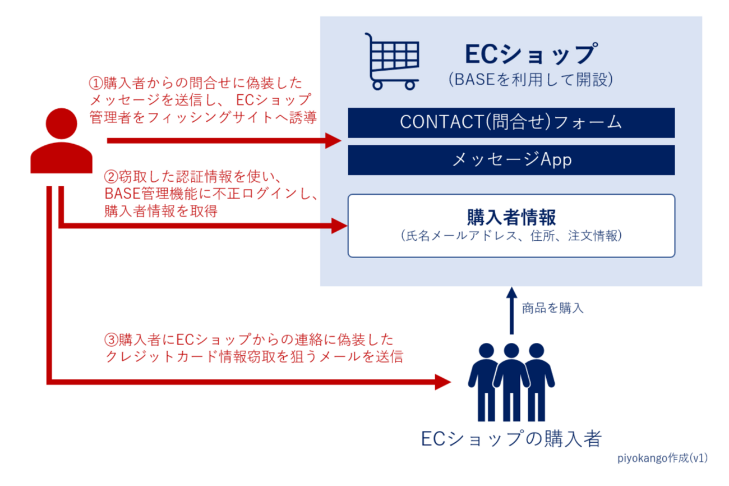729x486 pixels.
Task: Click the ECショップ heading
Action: pos(529,54)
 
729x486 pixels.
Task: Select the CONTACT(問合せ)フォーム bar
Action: pos(511,122)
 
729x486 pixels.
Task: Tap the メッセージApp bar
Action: pos(511,160)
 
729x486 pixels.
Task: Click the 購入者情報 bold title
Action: pos(510,217)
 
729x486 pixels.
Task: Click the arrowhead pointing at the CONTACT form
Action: pos(334,140)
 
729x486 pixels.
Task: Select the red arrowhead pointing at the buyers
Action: pos(443,383)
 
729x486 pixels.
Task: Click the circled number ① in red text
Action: pos(95,84)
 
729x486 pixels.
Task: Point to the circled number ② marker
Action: pos(111,177)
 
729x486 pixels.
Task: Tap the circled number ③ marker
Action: pos(112,340)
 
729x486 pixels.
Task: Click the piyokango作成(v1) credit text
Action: pos(661,458)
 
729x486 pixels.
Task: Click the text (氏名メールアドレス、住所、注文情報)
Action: pos(510,236)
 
